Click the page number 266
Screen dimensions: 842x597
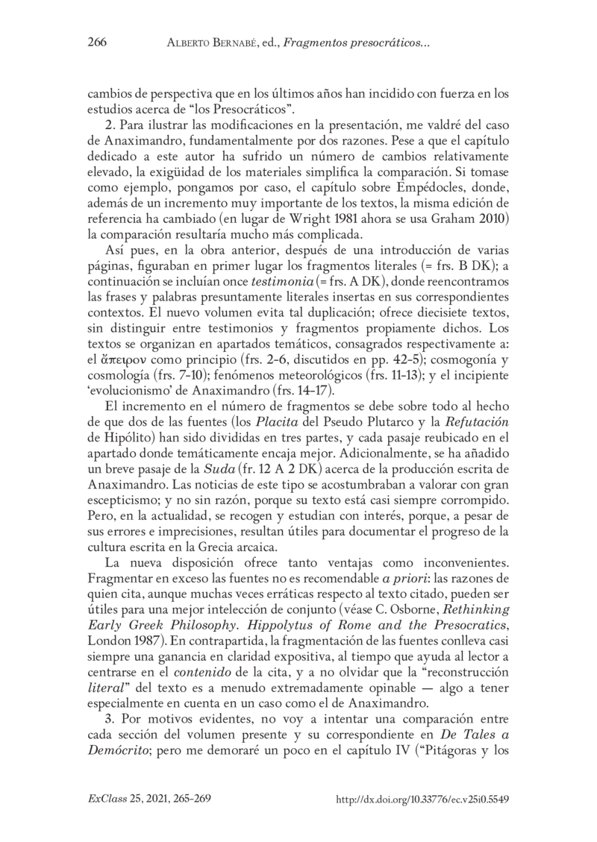coord(97,42)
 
